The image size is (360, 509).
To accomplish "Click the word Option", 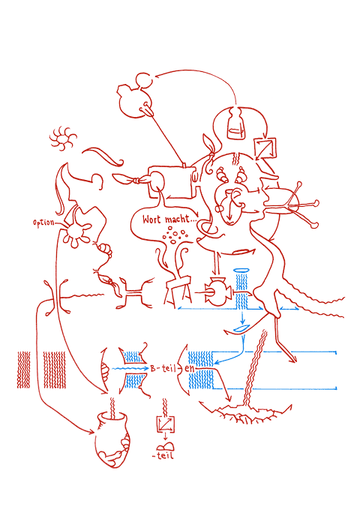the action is coord(43,223).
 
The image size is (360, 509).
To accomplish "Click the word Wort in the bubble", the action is coord(151,220).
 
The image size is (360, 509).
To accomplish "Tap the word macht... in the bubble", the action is coord(181,219).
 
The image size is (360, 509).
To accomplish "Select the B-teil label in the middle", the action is coord(163,368).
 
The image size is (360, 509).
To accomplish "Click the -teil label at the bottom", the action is coord(163,456).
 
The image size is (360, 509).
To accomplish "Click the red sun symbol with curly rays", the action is coord(63,139).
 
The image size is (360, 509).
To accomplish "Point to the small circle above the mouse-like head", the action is coord(143,80).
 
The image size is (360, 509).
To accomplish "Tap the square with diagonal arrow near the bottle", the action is coord(265,148).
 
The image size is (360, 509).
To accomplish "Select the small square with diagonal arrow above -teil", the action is coord(166,424).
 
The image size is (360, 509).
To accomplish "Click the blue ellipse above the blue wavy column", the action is coord(241,271).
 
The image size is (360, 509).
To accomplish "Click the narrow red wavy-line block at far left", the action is coord(23,370).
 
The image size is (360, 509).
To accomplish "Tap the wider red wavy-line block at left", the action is coord(55,370).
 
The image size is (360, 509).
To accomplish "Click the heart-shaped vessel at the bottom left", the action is coord(112,439).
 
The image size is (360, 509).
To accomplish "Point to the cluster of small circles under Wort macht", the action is coord(175,235).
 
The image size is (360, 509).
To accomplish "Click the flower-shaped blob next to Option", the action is coord(76,235).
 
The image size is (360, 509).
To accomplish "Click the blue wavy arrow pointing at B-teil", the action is coord(130,369).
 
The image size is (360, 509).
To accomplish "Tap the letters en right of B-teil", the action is coord(189,369).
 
